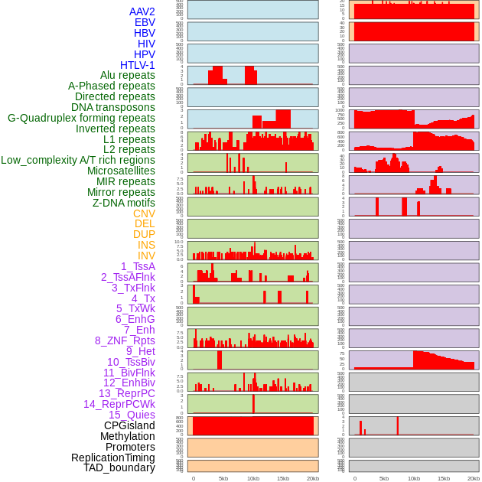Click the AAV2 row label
point(142,11)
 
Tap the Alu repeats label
point(127,75)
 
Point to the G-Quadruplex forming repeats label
point(81,118)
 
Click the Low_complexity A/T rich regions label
point(78,160)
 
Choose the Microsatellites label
point(121,171)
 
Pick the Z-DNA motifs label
point(123,203)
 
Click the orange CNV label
point(144,213)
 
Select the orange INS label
point(146,245)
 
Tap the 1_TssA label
point(138,266)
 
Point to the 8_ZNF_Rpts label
point(125,340)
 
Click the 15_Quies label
point(132,415)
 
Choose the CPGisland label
point(129,425)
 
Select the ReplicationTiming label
point(112,458)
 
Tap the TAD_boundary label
point(119,467)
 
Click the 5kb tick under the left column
point(223,478)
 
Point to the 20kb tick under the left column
point(313,478)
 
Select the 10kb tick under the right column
point(414,478)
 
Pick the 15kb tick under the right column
point(444,478)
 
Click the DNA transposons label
point(113,107)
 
